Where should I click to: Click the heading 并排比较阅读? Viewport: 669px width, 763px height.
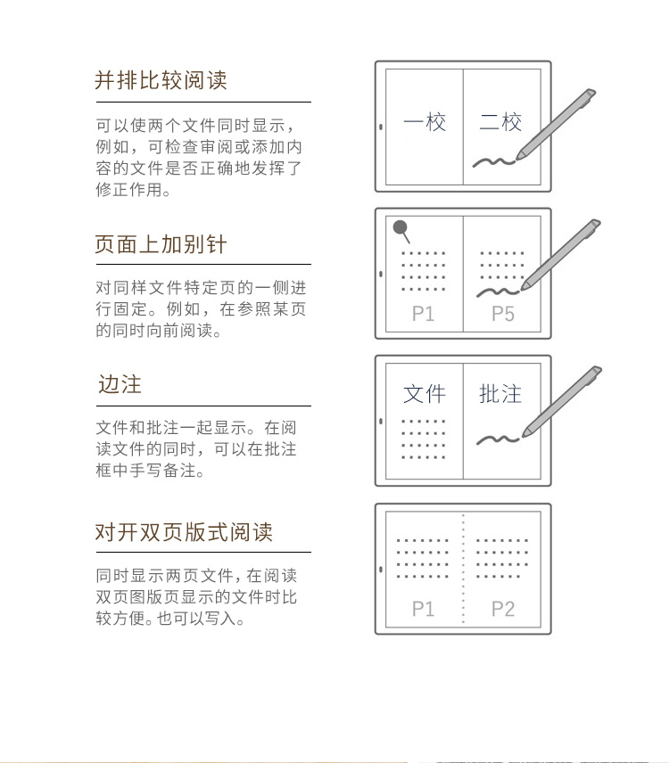(161, 80)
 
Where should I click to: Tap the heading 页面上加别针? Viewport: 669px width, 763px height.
(161, 244)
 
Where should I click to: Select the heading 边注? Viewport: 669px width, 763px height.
(120, 384)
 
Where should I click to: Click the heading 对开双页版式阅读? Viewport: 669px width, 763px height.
(184, 532)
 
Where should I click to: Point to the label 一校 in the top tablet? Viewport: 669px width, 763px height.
(425, 121)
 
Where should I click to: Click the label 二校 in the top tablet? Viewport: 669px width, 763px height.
(500, 121)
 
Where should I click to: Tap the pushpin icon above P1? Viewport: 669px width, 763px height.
(401, 231)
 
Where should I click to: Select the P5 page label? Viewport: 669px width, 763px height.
(503, 314)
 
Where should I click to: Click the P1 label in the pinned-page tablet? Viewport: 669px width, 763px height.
(423, 314)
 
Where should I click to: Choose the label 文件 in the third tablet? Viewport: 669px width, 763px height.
(425, 394)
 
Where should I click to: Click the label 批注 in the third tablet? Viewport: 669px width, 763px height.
(500, 394)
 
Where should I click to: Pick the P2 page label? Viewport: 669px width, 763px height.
(503, 609)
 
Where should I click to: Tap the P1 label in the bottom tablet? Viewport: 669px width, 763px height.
(423, 609)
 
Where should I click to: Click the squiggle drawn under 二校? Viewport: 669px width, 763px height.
(493, 162)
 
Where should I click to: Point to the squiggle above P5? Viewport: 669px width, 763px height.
(498, 292)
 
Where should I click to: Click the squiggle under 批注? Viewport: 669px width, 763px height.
(498, 440)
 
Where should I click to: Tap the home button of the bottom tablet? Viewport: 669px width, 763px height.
(381, 569)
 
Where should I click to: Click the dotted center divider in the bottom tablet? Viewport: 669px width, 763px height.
(463, 569)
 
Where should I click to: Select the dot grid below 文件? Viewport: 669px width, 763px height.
(423, 439)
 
